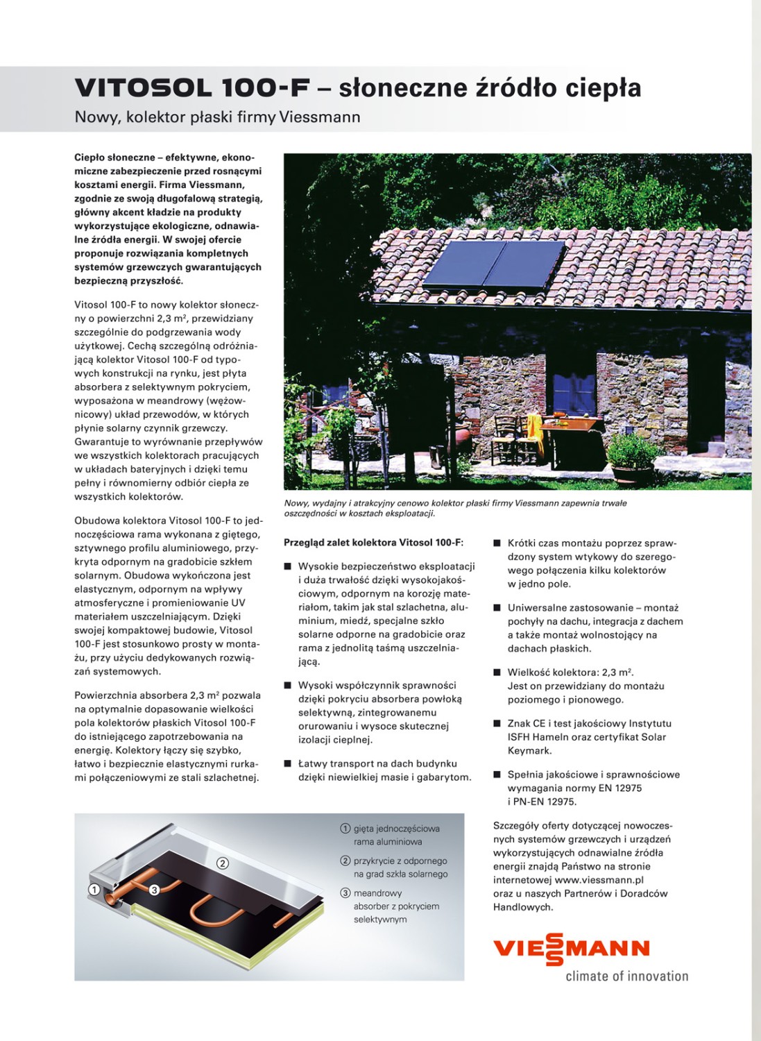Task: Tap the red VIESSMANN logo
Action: point(571,949)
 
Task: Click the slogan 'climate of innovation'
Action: point(626,976)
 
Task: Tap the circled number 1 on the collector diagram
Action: point(94,889)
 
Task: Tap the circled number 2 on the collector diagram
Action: point(222,863)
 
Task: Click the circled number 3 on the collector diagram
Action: point(154,889)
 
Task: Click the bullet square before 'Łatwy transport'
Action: point(287,764)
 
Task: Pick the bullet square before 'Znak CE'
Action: point(497,724)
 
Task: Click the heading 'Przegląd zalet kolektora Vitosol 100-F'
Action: point(373,543)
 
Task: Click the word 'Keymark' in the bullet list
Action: point(529,751)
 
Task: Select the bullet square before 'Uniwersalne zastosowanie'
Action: point(497,608)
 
